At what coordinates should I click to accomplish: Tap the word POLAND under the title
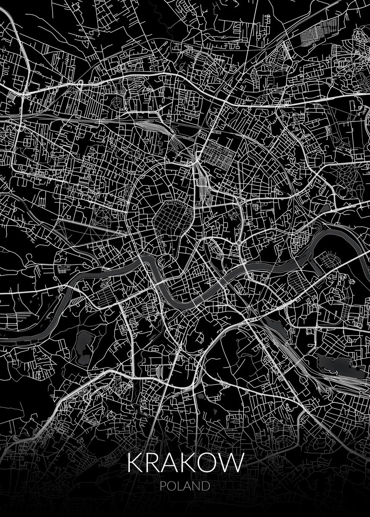(185, 486)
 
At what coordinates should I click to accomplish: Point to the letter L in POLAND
(180, 486)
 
